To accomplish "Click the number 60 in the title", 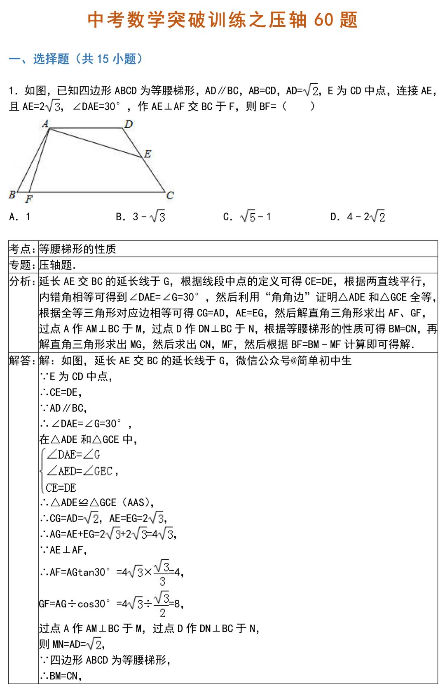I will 323,20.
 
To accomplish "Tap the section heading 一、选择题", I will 39,59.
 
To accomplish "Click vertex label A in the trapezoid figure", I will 45,123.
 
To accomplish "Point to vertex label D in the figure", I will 129,124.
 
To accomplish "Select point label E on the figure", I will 148,154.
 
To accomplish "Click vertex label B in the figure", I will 12,194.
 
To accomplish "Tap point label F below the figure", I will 29,199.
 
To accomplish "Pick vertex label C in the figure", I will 170,196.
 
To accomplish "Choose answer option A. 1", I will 20,217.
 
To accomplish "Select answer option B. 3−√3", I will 141,217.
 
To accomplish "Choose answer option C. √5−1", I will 247,217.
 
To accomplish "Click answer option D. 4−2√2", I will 358,217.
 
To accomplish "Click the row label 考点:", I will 23,249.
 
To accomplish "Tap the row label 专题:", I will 23,265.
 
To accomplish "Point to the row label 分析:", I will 23,281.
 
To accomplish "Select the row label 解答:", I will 23,361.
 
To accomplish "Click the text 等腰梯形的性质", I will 77,249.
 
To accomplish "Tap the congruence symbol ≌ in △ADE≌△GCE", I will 83,502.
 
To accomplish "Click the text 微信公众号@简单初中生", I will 293,361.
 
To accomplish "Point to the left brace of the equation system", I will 42,471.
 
